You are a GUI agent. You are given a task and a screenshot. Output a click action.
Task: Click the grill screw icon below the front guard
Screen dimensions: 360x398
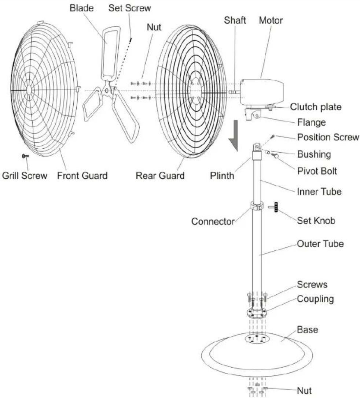(25, 156)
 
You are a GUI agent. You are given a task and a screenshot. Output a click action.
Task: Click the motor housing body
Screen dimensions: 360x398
(262, 92)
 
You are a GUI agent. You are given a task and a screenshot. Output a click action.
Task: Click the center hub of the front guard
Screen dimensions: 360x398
(29, 90)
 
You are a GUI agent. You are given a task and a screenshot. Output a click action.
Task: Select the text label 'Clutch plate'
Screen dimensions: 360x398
(316, 107)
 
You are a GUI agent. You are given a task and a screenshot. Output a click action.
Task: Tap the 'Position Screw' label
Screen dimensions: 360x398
(328, 137)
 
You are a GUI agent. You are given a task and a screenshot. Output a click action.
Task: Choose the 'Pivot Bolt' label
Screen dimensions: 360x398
(317, 171)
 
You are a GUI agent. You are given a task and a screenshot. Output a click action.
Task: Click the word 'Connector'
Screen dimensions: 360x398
(213, 222)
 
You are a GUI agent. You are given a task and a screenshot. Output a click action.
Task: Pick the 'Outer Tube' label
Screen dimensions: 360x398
(320, 244)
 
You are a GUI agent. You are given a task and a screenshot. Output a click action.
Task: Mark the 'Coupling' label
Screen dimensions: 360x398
(315, 299)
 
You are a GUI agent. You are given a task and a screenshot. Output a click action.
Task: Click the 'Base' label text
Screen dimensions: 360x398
(308, 330)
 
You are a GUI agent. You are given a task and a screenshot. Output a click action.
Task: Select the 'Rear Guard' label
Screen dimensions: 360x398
(160, 175)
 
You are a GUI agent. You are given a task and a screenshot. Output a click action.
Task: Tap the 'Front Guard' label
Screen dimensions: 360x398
(82, 175)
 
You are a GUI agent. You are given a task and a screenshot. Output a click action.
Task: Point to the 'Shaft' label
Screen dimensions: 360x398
(235, 20)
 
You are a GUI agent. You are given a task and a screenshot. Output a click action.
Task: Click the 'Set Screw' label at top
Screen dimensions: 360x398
(129, 8)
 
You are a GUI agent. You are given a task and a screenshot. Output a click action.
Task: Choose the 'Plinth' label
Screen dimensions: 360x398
(222, 175)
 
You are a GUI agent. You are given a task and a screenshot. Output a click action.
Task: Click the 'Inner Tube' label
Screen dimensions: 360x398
(319, 191)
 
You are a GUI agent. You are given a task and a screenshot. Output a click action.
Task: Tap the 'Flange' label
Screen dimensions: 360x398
(312, 122)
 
